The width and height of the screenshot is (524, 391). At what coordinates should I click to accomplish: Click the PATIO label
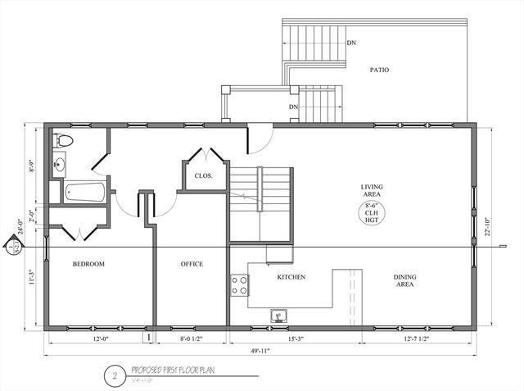[379, 70]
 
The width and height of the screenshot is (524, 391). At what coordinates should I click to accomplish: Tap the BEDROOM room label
[88, 264]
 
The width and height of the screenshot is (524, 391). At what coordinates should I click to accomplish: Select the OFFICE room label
[192, 264]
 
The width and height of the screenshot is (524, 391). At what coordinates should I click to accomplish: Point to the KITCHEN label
[291, 277]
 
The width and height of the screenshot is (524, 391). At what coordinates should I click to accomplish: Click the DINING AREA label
[404, 281]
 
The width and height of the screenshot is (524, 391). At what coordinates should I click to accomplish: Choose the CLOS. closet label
[204, 175]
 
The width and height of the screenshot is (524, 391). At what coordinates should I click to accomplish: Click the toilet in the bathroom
[62, 141]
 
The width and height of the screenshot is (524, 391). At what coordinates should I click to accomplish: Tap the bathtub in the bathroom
[84, 193]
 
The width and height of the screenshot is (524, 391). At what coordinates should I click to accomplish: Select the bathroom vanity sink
[59, 165]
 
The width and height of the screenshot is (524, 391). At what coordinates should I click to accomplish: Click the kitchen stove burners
[239, 285]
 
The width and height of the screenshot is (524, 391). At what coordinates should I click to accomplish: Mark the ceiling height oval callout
[373, 216]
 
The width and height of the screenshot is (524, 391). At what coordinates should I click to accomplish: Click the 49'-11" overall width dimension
[261, 351]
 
